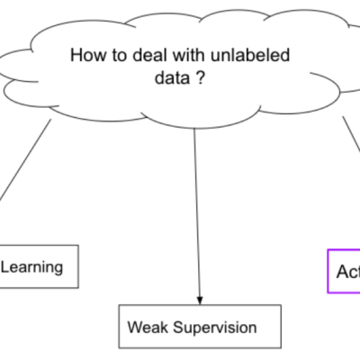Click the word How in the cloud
coord(87,56)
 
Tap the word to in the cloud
coord(117,56)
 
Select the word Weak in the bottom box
coord(147,327)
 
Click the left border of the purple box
coord(326,272)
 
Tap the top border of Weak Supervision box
coord(200,307)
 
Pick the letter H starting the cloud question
coord(75,56)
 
